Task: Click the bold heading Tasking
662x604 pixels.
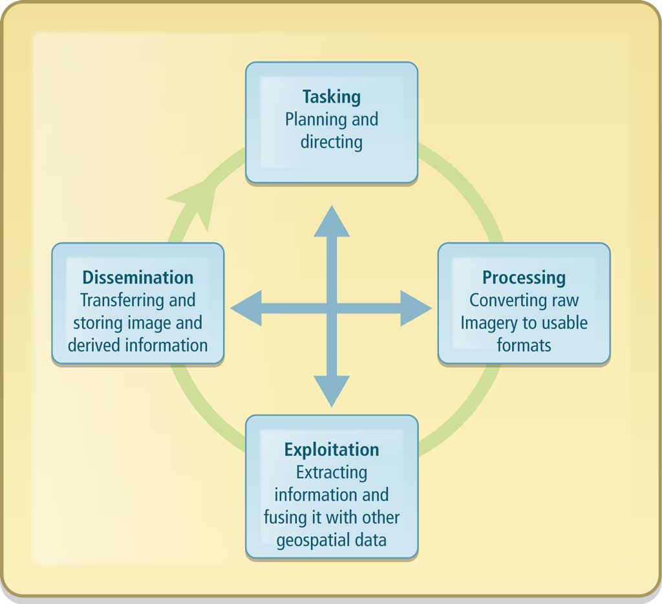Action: pos(331,97)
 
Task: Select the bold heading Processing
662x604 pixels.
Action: pos(524,278)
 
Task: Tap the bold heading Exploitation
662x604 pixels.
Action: pos(332,450)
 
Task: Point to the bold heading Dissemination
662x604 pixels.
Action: pos(138,278)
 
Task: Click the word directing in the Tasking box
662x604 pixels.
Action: pos(331,141)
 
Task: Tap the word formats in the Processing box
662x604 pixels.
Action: pos(524,345)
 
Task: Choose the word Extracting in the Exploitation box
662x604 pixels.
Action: pos(332,472)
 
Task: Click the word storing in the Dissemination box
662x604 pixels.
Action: pos(98,322)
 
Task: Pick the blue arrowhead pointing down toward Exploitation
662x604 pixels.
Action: pos(332,391)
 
